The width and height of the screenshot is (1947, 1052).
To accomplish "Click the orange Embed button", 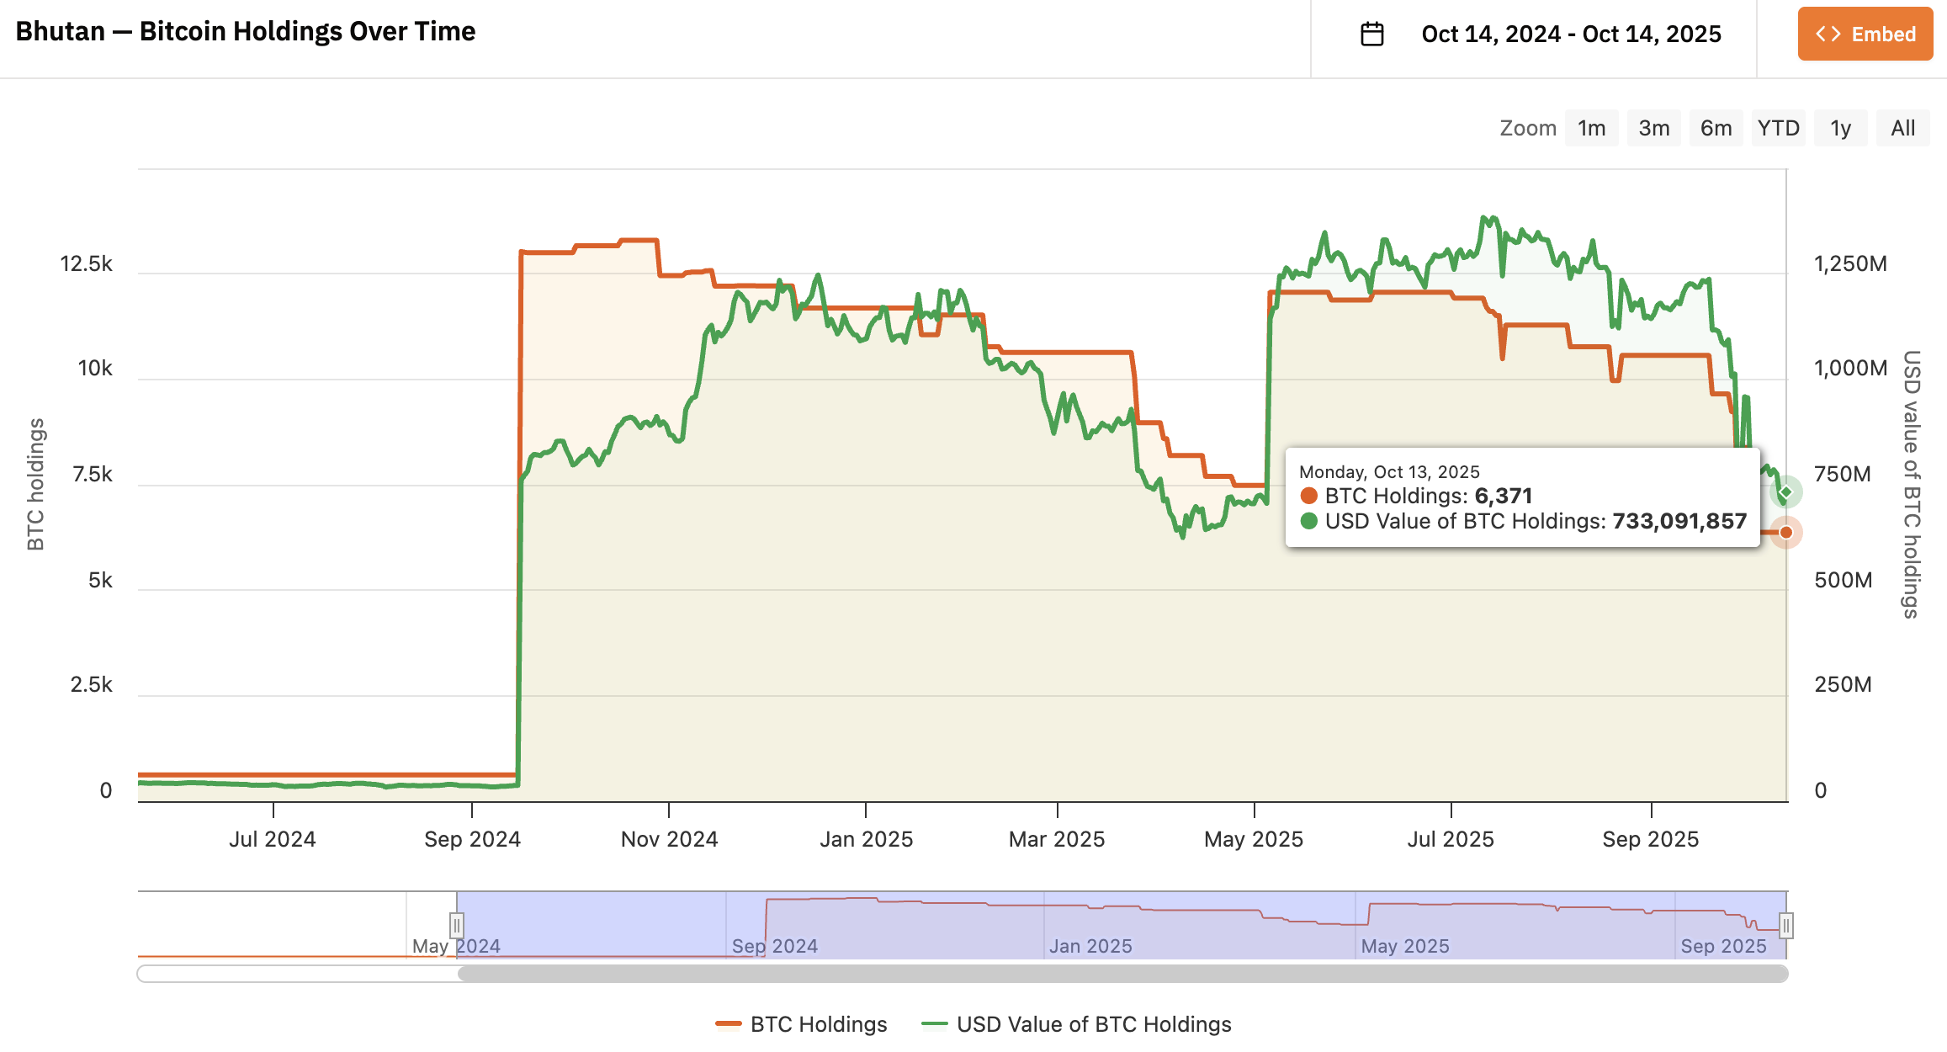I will (1865, 34).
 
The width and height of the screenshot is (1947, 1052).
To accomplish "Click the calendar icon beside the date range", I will (1371, 34).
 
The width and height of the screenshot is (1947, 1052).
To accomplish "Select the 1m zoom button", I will (1591, 128).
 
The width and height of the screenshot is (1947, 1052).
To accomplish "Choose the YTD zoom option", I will (1778, 128).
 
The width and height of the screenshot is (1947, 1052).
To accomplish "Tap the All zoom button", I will (1902, 128).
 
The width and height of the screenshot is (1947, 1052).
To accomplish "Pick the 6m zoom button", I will (1716, 128).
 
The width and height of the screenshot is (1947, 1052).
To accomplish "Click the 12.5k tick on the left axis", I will (86, 264).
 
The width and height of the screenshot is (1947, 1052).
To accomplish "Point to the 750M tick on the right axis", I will (1842, 474).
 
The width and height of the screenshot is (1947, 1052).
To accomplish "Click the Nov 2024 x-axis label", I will (669, 839).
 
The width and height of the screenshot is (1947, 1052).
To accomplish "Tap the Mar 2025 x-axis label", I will (1057, 839).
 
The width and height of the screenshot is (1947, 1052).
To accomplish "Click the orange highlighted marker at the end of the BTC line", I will (1785, 532).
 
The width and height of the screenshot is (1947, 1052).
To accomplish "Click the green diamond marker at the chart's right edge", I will (1785, 492).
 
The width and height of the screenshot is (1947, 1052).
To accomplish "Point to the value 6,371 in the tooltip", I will (1503, 496).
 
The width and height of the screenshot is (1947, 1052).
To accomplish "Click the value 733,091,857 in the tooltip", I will (1679, 522).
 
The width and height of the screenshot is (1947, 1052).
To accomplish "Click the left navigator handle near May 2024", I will (456, 926).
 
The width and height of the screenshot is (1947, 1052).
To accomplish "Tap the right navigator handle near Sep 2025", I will (1785, 926).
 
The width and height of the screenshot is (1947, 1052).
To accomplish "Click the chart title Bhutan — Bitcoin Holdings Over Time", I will (246, 31).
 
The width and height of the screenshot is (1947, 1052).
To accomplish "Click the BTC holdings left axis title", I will (35, 485).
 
